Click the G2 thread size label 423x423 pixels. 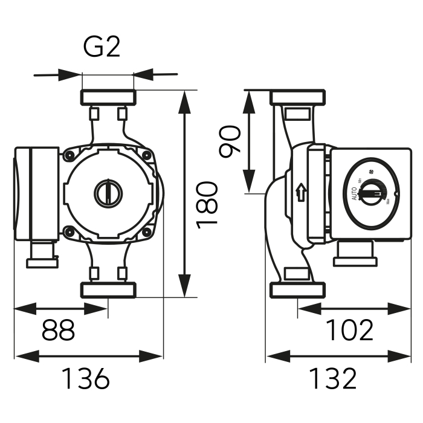pos(101,47)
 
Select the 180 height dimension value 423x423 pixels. pos(207,204)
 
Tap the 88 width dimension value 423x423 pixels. pos(59,331)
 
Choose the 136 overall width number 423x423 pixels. pos(86,379)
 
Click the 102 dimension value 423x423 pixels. pos(350,331)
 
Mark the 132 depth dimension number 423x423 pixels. pos(333,379)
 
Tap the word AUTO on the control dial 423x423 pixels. pos(354,195)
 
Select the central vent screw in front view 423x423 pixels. pos(108,193)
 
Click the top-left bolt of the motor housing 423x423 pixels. pos(70,156)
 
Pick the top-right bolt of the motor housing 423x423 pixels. pos(146,156)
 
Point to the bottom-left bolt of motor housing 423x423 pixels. pos(70,230)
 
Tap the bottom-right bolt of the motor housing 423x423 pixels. pos(146,230)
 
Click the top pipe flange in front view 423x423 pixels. pos(108,97)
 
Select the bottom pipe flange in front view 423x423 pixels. pos(108,289)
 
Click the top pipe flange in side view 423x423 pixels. pos(299,97)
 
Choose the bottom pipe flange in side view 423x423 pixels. pos(299,290)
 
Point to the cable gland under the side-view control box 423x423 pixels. pos(355,254)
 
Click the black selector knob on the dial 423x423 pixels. pos(369,193)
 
